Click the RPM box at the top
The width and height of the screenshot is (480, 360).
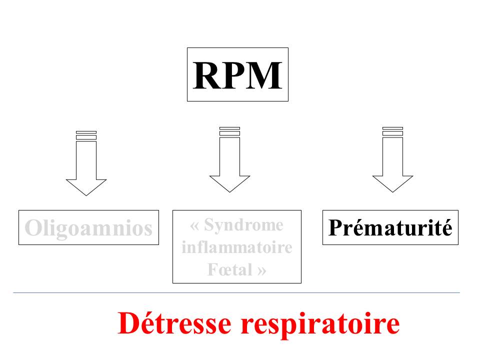[237, 74]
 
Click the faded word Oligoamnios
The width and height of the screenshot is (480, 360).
[88, 228]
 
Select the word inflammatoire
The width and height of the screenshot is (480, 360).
[237, 247]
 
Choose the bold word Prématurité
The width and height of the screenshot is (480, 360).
[390, 228]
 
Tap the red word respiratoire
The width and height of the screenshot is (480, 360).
[320, 324]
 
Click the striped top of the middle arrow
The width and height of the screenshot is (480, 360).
[229, 131]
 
